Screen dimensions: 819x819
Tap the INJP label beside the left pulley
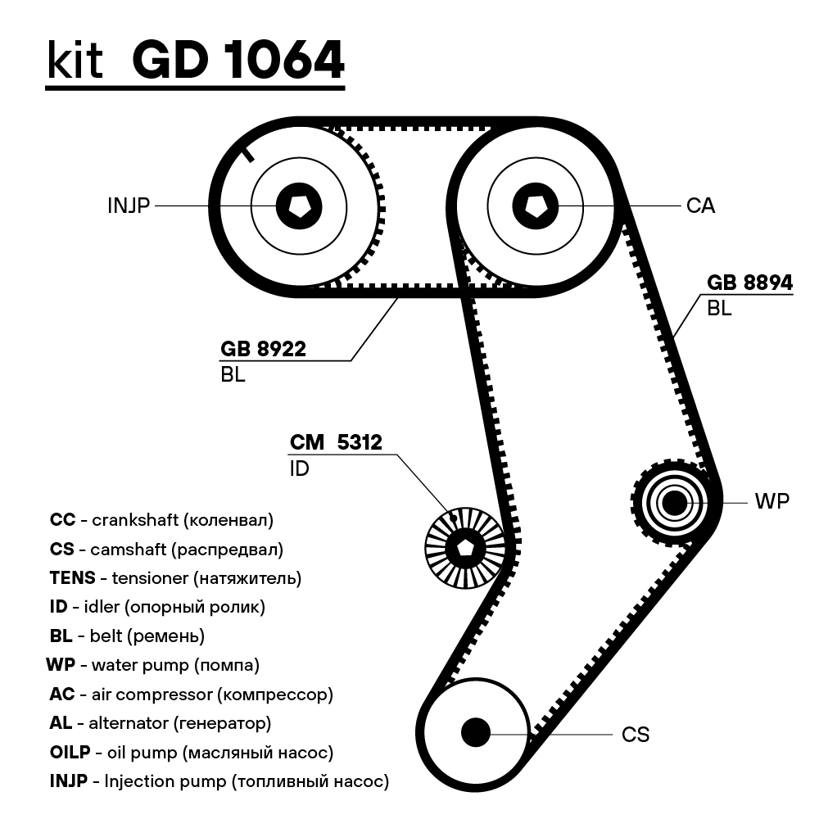(x=129, y=206)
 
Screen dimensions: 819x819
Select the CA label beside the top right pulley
(x=700, y=206)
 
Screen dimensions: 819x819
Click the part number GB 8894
(x=749, y=283)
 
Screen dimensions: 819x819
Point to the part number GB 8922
(x=263, y=350)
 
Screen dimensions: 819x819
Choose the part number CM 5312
(x=336, y=443)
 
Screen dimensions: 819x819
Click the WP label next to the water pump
(x=771, y=502)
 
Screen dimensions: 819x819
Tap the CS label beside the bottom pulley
(x=636, y=735)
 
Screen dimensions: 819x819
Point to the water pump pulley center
(x=674, y=503)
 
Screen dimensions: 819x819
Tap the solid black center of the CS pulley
(x=475, y=731)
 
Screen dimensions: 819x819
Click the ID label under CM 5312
(x=300, y=470)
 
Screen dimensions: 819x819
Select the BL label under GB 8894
(x=719, y=309)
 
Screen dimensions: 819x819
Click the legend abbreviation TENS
(x=72, y=577)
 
